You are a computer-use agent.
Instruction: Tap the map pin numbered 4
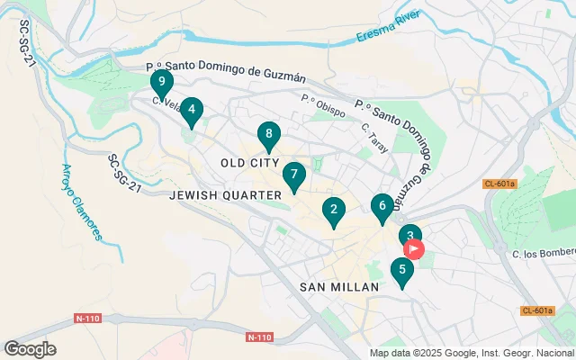click(192, 110)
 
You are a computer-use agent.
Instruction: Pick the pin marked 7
click(293, 175)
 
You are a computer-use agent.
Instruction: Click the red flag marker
click(415, 248)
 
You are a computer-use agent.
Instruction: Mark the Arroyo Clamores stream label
click(81, 202)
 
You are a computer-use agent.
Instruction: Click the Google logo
click(30, 349)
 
